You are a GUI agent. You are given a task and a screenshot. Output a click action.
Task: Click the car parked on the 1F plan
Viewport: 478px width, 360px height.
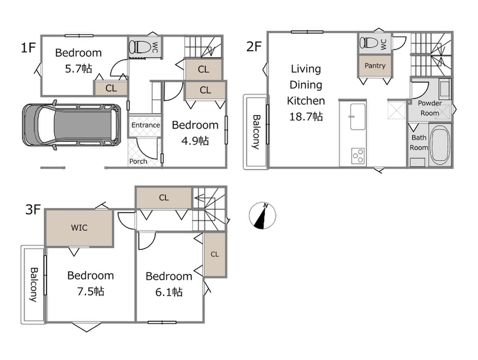tap(71, 125)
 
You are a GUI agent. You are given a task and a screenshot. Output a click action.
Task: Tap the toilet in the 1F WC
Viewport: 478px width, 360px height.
tap(140, 47)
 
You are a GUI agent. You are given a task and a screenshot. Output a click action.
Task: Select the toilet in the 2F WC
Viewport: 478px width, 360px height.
tap(370, 42)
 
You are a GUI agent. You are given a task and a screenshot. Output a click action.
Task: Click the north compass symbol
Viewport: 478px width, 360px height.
tap(262, 216)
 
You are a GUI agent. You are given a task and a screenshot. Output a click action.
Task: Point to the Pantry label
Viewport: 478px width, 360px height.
tap(375, 66)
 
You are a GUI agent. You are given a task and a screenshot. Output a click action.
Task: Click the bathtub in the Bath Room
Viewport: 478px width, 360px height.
tap(440, 144)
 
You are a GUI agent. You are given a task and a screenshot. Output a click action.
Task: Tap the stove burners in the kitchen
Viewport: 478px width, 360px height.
tap(358, 156)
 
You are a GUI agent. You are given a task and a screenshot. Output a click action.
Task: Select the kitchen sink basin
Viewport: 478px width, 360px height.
tap(357, 117)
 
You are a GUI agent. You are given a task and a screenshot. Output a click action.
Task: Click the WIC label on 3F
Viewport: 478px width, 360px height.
tap(79, 228)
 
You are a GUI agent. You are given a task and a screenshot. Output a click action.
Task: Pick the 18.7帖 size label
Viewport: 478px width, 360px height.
tap(306, 117)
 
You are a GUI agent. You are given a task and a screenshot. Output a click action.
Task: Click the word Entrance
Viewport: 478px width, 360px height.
tap(146, 125)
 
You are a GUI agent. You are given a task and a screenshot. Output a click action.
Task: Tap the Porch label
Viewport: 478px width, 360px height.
tap(138, 162)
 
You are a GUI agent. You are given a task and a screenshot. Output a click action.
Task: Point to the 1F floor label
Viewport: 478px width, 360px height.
tap(28, 48)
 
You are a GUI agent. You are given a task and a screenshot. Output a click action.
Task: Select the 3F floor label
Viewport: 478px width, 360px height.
tap(33, 210)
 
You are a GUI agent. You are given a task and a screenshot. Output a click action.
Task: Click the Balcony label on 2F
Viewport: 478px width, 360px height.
tap(256, 132)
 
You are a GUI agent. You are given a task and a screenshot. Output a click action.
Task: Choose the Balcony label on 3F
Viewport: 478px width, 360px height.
tap(34, 285)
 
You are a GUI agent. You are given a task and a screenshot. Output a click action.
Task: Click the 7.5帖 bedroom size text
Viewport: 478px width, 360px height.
tap(90, 291)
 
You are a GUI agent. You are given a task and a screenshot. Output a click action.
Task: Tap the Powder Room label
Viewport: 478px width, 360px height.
tap(429, 108)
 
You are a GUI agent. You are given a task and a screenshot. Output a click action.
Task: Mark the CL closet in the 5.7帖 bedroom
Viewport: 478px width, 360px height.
tap(111, 89)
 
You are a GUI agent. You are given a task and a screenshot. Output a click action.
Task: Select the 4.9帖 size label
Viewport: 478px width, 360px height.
tap(195, 141)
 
